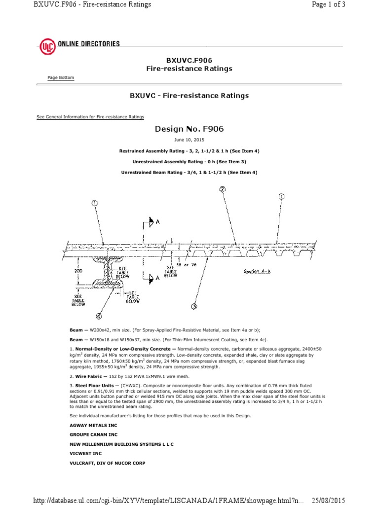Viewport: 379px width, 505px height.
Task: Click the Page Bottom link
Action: [61, 78]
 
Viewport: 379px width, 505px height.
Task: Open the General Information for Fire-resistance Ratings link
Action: [90, 117]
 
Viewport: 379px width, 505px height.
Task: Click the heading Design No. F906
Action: [189, 129]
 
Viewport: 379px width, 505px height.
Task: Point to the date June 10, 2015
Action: [189, 140]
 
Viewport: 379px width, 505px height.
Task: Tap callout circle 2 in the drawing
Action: [222, 189]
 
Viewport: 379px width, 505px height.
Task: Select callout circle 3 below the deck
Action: [194, 306]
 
